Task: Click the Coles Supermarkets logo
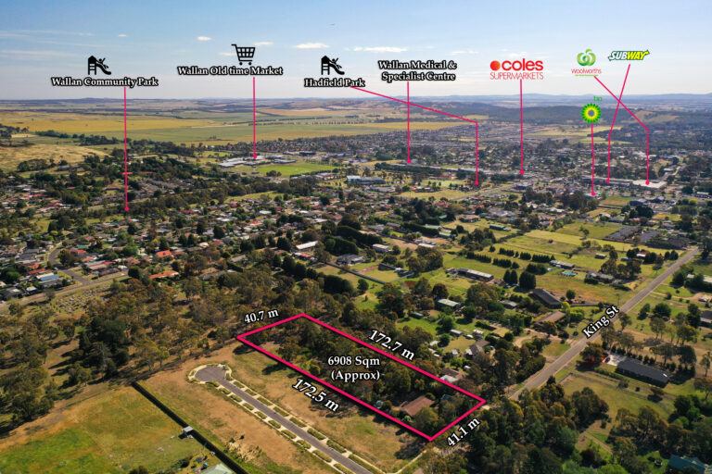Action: [516, 69]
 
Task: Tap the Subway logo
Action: [629, 56]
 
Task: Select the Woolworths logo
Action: [586, 63]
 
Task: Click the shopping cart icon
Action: [244, 54]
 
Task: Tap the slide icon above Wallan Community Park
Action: [99, 66]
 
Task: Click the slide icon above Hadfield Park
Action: [333, 66]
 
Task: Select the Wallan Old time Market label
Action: [230, 70]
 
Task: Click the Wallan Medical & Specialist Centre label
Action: [418, 70]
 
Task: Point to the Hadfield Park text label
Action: [335, 82]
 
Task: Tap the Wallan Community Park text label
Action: [105, 81]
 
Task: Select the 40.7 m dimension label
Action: [261, 316]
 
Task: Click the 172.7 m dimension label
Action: [391, 344]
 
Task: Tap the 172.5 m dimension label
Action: [315, 395]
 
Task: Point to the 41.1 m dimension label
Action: [464, 431]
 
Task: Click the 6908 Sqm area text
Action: [354, 361]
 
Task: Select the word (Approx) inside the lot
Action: [355, 376]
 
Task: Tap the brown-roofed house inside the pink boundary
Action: [418, 405]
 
